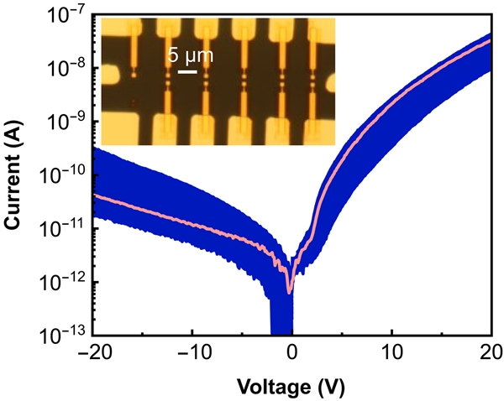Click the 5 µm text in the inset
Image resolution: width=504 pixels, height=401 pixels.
(x=188, y=57)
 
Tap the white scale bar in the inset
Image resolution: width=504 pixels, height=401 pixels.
(x=188, y=72)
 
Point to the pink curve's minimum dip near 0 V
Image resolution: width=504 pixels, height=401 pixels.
(x=291, y=292)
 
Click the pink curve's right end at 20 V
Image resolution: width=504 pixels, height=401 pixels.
(x=491, y=40)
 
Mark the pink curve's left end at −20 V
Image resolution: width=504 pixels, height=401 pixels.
(x=93, y=195)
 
